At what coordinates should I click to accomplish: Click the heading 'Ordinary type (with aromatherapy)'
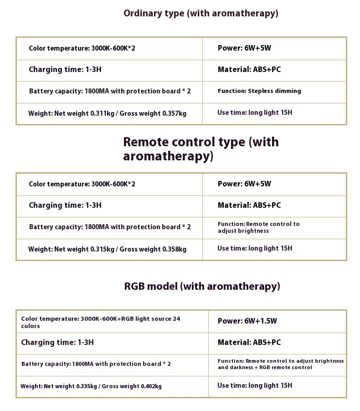click(201, 13)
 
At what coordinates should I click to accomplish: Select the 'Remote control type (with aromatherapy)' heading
click(201, 149)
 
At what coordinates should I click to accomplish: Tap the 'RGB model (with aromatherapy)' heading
click(202, 287)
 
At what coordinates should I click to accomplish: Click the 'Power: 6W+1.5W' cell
click(247, 321)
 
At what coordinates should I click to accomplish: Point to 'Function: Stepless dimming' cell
click(259, 91)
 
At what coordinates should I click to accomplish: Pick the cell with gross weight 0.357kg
click(107, 113)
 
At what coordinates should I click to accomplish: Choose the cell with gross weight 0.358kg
click(107, 249)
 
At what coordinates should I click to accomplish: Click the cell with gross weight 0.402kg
click(91, 386)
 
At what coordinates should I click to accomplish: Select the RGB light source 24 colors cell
click(100, 322)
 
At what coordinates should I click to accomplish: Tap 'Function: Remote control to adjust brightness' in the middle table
click(258, 227)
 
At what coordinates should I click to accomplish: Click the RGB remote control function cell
click(280, 364)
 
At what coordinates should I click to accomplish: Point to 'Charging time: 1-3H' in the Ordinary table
click(65, 70)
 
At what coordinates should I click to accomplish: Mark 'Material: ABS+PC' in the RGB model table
click(249, 342)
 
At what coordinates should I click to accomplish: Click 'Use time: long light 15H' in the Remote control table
click(254, 248)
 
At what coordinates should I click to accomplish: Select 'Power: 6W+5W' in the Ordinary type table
click(244, 48)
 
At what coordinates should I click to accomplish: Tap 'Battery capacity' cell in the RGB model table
click(96, 364)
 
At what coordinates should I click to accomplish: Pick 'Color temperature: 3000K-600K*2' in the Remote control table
click(82, 184)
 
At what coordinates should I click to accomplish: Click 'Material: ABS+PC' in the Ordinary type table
click(249, 70)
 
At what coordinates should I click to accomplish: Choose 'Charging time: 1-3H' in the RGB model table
click(57, 342)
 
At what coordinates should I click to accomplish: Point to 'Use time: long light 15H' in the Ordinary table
click(254, 113)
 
